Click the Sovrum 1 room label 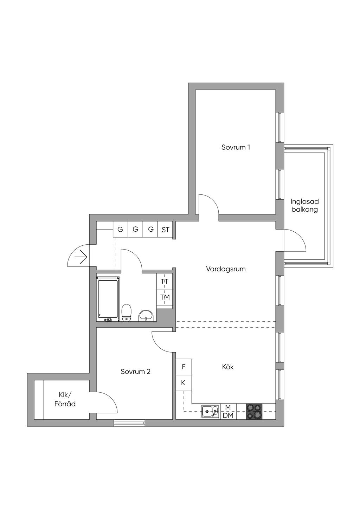click(x=236, y=147)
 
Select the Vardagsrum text click(x=226, y=269)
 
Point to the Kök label click(x=228, y=367)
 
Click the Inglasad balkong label click(x=304, y=205)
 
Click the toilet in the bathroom click(x=126, y=313)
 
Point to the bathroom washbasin click(x=146, y=315)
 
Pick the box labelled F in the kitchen click(x=184, y=367)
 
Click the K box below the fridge click(x=184, y=383)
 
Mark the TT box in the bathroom click(x=164, y=282)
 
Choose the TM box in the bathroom click(x=164, y=297)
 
